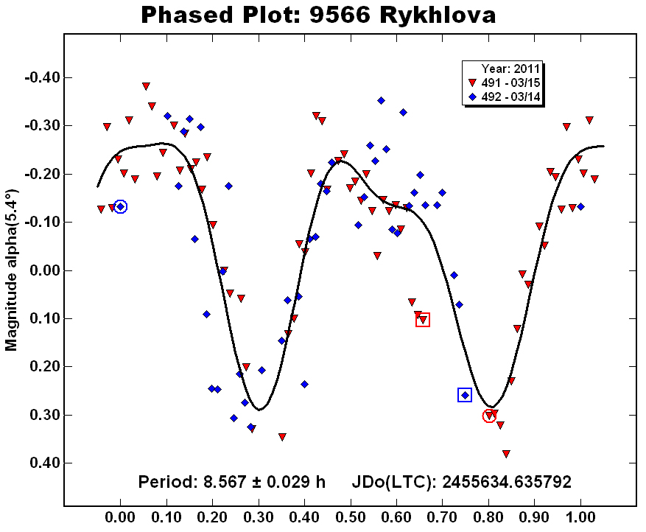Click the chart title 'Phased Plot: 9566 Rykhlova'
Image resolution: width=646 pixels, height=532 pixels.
click(318, 14)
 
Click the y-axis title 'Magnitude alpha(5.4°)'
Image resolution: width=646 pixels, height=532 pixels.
click(11, 270)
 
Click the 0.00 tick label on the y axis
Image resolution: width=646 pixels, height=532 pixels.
click(41, 270)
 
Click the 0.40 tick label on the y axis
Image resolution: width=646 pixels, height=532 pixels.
click(41, 463)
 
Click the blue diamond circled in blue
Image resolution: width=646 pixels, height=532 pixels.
click(121, 207)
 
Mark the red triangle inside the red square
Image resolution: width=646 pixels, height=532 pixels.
click(423, 320)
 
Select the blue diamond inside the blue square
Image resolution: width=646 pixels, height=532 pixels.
click(465, 396)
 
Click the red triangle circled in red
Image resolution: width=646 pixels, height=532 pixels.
click(489, 416)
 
